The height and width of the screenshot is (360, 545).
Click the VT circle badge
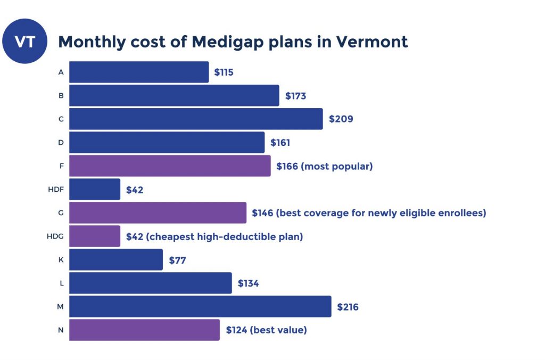pyautogui.click(x=24, y=42)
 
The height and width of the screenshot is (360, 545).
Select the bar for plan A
pyautogui.click(x=139, y=72)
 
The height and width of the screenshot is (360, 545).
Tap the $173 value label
pyautogui.click(x=295, y=96)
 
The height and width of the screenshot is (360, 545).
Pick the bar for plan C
pyautogui.click(x=196, y=119)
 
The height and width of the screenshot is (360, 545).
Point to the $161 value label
pyautogui.click(x=280, y=143)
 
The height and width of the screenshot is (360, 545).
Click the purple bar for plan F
pyautogui.click(x=170, y=166)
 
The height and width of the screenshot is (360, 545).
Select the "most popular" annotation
pyautogui.click(x=337, y=166)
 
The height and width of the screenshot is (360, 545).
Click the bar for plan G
pyautogui.click(x=158, y=212)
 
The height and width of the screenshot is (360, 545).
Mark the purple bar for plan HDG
pyautogui.click(x=95, y=236)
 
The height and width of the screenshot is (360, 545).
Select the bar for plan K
pyautogui.click(x=116, y=260)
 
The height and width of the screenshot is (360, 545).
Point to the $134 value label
pyautogui.click(x=248, y=283)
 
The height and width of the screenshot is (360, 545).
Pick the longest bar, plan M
pyautogui.click(x=200, y=306)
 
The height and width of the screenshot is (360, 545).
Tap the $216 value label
pyautogui.click(x=348, y=307)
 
